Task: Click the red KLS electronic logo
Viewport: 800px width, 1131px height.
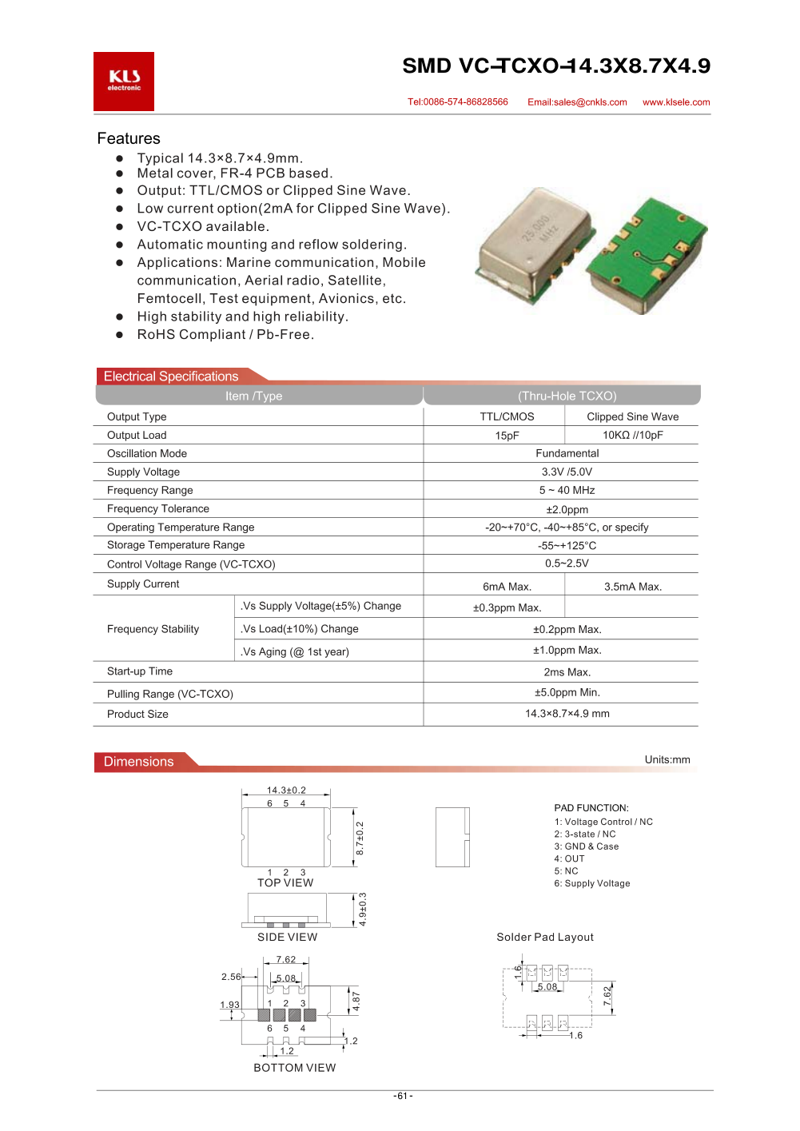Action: pos(124,82)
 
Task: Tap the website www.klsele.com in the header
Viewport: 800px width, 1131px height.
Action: pos(676,102)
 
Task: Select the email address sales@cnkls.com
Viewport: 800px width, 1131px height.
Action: pos(577,102)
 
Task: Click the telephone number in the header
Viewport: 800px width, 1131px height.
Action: pos(457,102)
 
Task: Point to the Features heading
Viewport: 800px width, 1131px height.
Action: pos(129,138)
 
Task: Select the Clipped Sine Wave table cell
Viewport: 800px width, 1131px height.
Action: pos(632,416)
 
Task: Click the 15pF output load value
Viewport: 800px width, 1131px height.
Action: pos(507,436)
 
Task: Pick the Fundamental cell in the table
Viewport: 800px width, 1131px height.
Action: pos(567,453)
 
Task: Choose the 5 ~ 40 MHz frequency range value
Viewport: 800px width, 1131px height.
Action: pos(567,490)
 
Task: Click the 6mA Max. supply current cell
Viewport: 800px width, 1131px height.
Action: pos(507,587)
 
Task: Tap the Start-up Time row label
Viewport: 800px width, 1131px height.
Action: pos(140,671)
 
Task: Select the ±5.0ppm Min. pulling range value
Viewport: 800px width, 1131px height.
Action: pos(567,692)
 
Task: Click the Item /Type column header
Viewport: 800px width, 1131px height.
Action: pos(253,396)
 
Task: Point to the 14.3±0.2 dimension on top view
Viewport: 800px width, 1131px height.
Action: pos(286,791)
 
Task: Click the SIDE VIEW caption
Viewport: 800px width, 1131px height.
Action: pos(287,937)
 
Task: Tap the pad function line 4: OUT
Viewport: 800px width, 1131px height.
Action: pos(569,858)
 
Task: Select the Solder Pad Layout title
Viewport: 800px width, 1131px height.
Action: pos(545,937)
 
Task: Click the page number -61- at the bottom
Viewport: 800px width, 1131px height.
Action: pos(403,1096)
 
